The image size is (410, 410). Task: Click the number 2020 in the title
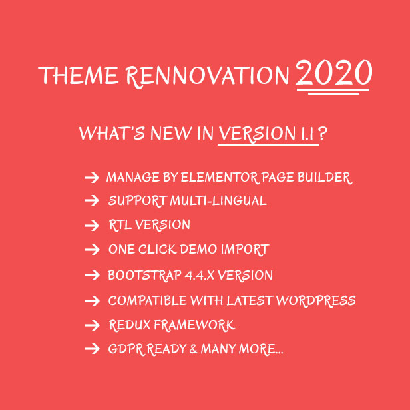pyautogui.click(x=334, y=73)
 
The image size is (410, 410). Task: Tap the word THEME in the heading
pyautogui.click(x=78, y=75)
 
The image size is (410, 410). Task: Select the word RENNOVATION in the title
pyautogui.click(x=208, y=76)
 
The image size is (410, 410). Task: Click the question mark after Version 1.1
pyautogui.click(x=323, y=134)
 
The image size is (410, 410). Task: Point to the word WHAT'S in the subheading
pyautogui.click(x=112, y=134)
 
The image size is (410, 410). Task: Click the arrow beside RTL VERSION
pyautogui.click(x=92, y=226)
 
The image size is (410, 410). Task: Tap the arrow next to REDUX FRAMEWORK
pyautogui.click(x=93, y=325)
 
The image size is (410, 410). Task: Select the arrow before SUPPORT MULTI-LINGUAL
pyautogui.click(x=92, y=201)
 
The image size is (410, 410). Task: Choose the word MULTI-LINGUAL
pyautogui.click(x=218, y=201)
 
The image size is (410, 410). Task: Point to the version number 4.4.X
pyautogui.click(x=200, y=276)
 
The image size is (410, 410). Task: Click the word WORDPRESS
pyautogui.click(x=316, y=300)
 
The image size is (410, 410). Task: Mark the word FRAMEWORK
pyautogui.click(x=194, y=325)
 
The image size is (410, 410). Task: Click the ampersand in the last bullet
pyautogui.click(x=194, y=349)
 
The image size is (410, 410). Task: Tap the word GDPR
pyautogui.click(x=126, y=349)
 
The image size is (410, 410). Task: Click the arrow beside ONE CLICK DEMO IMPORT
pyautogui.click(x=93, y=250)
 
